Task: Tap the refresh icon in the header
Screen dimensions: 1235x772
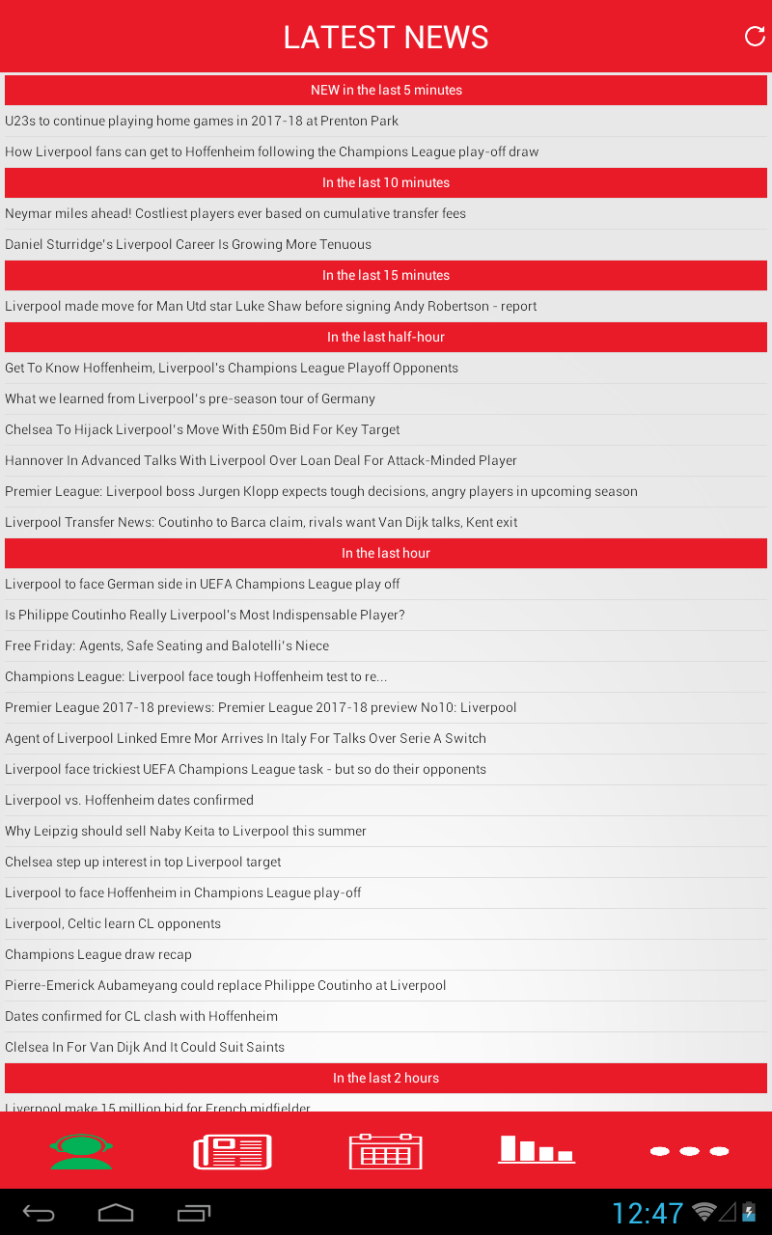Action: tap(755, 37)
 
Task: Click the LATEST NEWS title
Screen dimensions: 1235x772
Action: tap(386, 38)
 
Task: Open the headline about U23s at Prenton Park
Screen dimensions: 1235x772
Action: tap(202, 121)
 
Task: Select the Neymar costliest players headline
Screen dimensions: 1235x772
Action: tap(235, 213)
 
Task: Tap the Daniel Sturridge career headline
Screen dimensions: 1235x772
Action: tap(188, 244)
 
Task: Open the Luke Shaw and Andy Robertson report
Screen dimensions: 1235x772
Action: tap(271, 306)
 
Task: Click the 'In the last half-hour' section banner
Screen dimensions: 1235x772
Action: tap(386, 337)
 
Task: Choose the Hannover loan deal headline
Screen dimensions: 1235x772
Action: tap(261, 460)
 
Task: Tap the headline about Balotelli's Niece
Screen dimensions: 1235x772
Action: tap(167, 645)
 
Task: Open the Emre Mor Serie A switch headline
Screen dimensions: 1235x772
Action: tap(245, 738)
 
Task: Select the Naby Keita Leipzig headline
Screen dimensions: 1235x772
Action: tap(185, 831)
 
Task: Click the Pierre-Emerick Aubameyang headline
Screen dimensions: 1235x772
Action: tap(226, 985)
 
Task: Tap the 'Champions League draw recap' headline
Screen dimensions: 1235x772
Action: tap(98, 954)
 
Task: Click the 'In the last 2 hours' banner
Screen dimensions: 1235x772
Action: tap(386, 1078)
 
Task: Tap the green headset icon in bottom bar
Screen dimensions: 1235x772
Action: tap(81, 1151)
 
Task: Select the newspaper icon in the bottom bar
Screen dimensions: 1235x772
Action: tap(233, 1151)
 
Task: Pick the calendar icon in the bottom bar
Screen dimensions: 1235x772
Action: tap(385, 1151)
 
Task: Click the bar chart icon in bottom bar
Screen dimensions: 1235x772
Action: tap(537, 1149)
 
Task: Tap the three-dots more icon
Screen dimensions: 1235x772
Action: tap(689, 1151)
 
